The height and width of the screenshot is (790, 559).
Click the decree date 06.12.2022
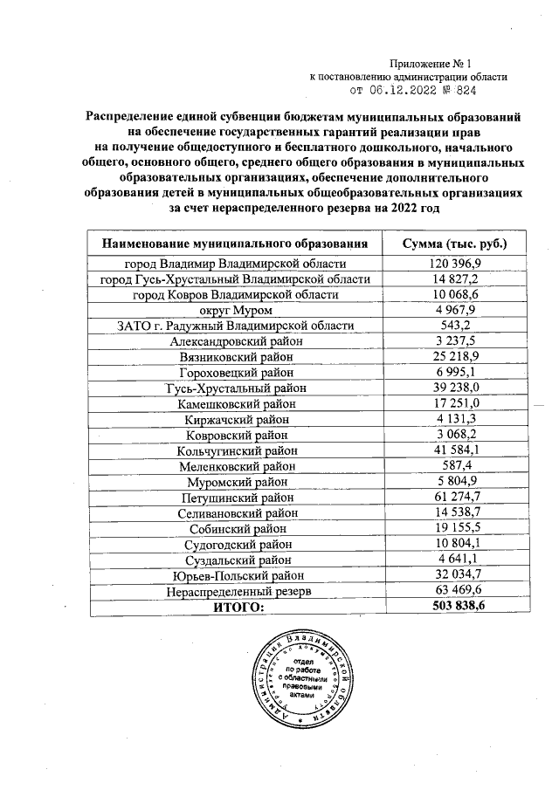406,90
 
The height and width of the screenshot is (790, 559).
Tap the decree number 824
466,90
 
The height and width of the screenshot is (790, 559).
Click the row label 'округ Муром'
234,310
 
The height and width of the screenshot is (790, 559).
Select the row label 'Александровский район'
234,341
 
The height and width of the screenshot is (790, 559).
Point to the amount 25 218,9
453,357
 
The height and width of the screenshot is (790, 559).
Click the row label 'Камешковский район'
234,404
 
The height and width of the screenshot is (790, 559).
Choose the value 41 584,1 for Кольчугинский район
453,450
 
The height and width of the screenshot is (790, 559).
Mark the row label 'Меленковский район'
234,466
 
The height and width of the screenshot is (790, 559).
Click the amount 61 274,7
453,498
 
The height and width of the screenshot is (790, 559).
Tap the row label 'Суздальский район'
234,560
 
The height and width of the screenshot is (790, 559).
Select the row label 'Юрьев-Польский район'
234,575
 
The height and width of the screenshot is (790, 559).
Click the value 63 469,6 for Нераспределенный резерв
453,591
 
